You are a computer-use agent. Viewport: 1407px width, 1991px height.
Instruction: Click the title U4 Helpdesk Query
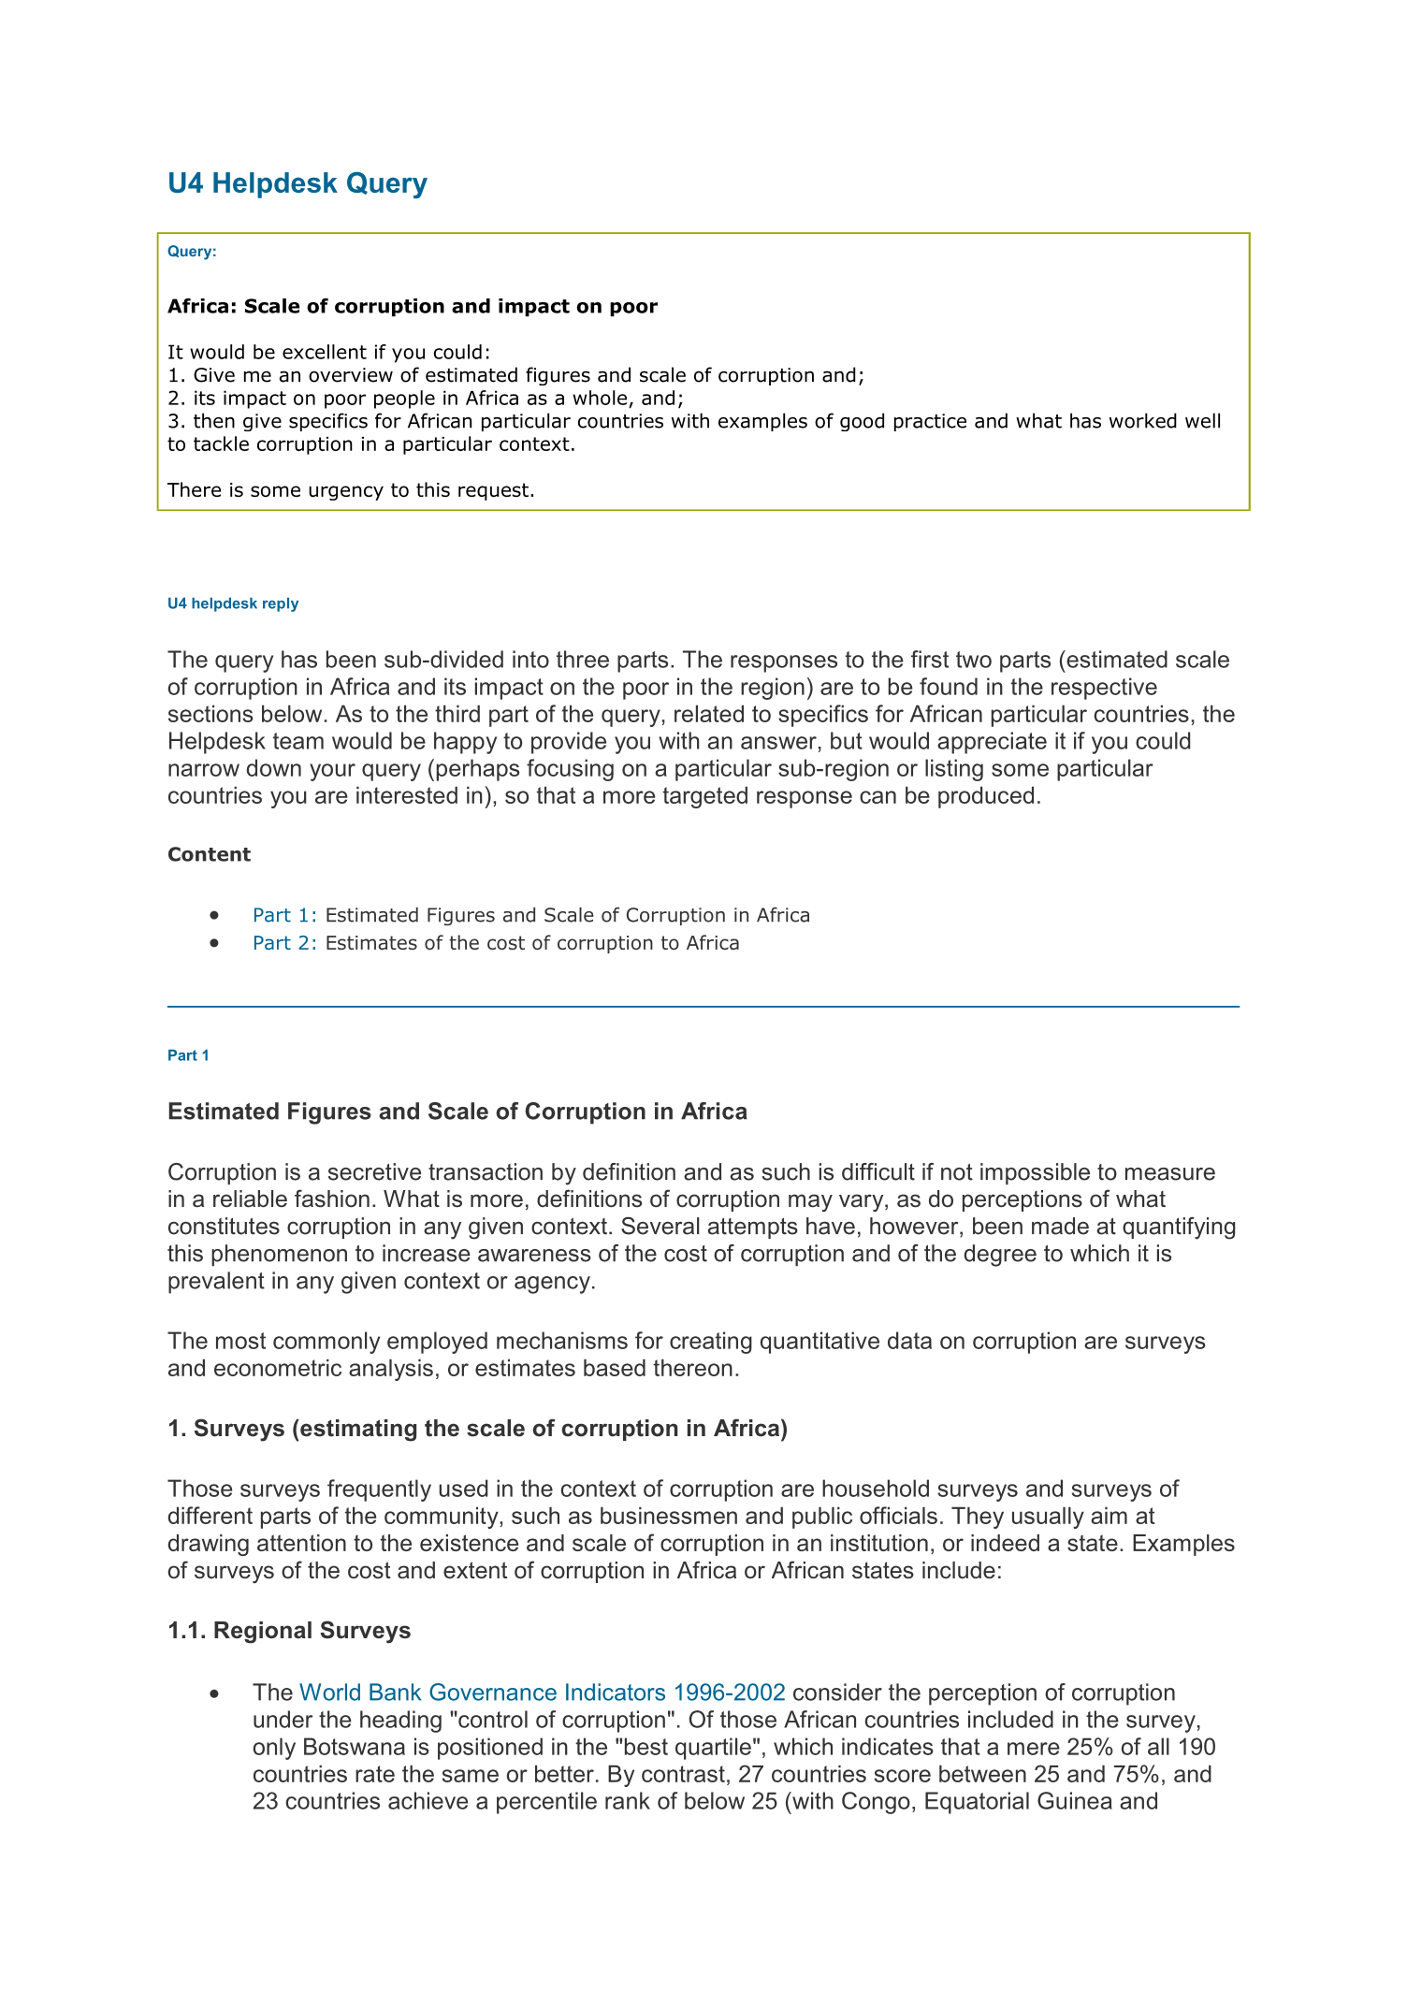[x=297, y=183]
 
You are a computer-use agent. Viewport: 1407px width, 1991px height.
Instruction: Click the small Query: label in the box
[x=192, y=251]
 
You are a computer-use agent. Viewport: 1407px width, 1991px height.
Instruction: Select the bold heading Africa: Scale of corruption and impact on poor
[x=412, y=307]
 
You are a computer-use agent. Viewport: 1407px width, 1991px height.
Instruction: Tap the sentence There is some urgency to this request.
[x=351, y=490]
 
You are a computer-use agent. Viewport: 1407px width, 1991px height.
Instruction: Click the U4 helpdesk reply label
[x=233, y=603]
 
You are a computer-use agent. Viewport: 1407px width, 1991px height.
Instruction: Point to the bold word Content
[x=209, y=854]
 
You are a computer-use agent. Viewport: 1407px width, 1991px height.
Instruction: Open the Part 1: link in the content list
[x=284, y=915]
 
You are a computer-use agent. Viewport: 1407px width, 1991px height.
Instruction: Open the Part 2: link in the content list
[x=284, y=943]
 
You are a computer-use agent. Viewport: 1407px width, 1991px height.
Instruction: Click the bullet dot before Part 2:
[x=216, y=943]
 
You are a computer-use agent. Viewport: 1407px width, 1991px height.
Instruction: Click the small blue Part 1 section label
[x=188, y=1055]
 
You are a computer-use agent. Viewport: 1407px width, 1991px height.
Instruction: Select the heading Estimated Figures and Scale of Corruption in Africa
[x=457, y=1112]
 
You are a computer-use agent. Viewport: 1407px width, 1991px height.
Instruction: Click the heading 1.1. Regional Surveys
[x=289, y=1631]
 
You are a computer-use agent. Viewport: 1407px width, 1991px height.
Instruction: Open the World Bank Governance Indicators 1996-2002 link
[x=542, y=1693]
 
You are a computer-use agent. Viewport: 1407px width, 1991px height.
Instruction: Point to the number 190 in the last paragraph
[x=1197, y=1747]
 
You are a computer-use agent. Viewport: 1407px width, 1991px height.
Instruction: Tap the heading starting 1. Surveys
[x=477, y=1429]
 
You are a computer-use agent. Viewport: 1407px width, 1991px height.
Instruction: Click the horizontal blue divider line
[x=703, y=1007]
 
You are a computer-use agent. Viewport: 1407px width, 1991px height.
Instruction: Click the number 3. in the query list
[x=177, y=421]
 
